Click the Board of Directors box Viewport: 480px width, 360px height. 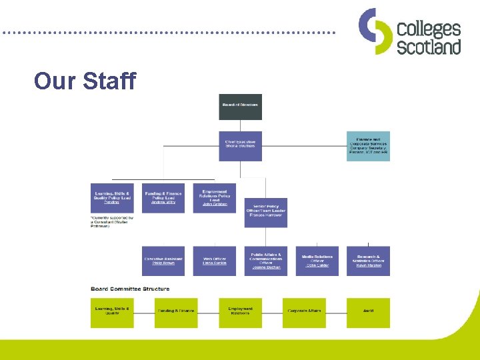[240, 107]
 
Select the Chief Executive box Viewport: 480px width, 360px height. [240, 146]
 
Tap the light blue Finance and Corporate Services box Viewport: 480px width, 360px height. [368, 146]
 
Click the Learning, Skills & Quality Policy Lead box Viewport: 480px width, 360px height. [112, 198]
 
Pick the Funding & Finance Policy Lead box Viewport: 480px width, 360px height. [163, 198]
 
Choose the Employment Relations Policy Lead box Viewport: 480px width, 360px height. [215, 198]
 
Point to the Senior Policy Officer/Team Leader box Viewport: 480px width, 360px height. [265, 212]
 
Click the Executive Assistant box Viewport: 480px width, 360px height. [163, 261]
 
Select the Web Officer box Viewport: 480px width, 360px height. [215, 261]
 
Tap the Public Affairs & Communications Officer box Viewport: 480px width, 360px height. [265, 261]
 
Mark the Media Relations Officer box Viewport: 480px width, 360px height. [317, 261]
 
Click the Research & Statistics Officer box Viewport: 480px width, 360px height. [368, 261]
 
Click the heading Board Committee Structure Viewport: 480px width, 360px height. [130, 289]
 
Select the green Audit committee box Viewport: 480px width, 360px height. [368, 313]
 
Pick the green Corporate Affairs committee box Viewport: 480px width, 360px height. [304, 313]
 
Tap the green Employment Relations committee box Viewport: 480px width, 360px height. [240, 313]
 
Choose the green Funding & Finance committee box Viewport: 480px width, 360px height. [176, 313]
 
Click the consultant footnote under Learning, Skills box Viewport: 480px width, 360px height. [112, 222]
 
